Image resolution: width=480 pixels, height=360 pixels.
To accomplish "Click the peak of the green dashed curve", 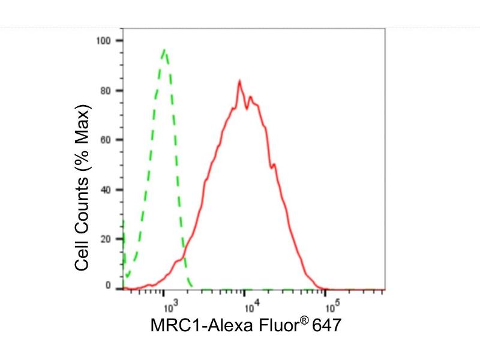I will coord(164,50).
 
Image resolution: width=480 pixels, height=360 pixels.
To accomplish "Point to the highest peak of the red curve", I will coord(239,80).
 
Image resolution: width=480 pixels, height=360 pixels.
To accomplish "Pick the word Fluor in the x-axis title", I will coord(270,328).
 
